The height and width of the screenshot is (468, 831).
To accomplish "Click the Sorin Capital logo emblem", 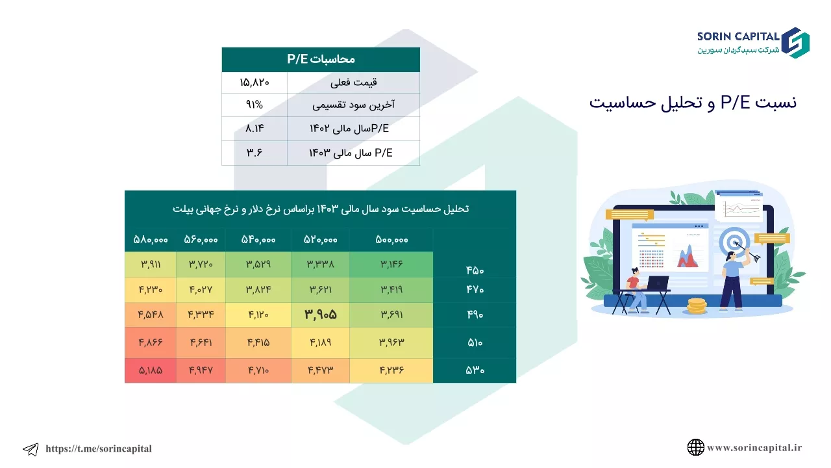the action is point(796,43).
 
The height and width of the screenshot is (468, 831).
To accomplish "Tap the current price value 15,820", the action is point(254,83).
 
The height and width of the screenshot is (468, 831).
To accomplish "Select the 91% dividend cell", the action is point(254,105).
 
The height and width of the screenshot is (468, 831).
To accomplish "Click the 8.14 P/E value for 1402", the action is point(254,129).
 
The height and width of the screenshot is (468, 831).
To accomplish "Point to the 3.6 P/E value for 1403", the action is point(254,153).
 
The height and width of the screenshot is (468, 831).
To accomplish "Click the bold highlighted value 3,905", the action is point(321,315).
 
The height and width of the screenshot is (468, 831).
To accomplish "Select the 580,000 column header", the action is point(151,240).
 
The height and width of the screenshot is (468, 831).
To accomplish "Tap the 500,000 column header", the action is point(391,240).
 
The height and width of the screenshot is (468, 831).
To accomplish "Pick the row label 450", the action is point(475,270).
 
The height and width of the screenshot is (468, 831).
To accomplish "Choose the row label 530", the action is point(475,370).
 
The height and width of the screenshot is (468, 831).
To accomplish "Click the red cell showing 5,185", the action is point(151,370).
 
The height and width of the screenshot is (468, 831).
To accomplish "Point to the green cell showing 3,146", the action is point(391,265).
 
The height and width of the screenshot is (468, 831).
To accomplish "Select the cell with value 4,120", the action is point(258,315).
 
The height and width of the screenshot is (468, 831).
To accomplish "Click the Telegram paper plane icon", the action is point(31,449).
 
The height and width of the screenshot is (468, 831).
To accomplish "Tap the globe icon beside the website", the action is point(695,447).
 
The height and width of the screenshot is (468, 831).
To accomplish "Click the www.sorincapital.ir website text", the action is point(754,448).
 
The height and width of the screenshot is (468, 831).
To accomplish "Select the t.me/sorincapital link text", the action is point(99,448).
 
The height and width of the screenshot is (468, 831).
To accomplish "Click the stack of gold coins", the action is point(697,306).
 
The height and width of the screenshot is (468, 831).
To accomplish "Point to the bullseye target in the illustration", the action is point(734,242).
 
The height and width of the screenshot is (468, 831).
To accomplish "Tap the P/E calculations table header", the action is point(321,59).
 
